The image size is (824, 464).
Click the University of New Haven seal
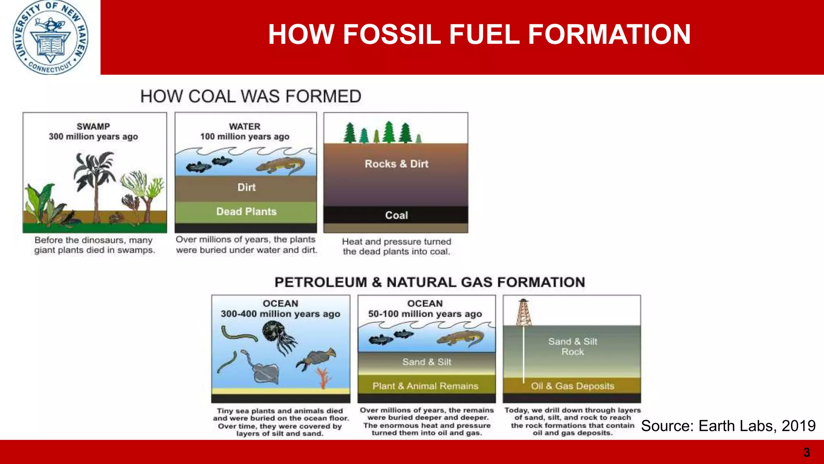[50, 37]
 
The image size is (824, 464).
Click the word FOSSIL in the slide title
[392, 34]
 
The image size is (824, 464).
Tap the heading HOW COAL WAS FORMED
[251, 97]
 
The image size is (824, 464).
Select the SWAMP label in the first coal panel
[93, 126]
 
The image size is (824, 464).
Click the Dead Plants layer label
[246, 212]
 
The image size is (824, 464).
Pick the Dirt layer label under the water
[246, 187]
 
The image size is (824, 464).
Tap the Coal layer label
[396, 215]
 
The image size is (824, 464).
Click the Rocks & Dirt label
[396, 164]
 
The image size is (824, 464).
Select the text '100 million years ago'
[245, 137]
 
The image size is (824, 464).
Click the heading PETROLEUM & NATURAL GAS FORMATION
[430, 282]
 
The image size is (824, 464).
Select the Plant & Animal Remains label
[425, 386]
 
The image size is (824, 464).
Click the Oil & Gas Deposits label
[573, 386]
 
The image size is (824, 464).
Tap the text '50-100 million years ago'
[425, 314]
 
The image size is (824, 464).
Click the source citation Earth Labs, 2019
[728, 426]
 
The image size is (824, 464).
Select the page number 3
[807, 452]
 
